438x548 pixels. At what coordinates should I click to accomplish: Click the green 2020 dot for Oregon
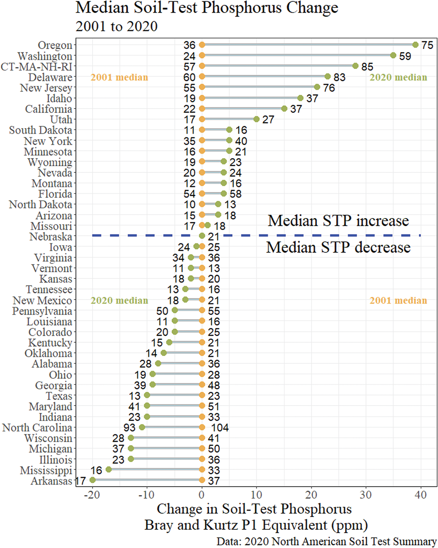(415, 45)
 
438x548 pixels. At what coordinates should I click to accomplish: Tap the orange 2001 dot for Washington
(202, 55)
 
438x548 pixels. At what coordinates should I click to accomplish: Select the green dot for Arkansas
(92, 480)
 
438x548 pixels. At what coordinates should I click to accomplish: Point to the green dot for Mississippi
(108, 470)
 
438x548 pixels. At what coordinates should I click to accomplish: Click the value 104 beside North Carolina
(220, 428)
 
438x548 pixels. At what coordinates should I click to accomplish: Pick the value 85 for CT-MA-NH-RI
(367, 67)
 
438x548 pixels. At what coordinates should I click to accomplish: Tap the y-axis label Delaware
(50, 77)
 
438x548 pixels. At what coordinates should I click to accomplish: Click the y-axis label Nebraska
(51, 237)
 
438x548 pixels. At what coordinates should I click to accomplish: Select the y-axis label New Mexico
(42, 300)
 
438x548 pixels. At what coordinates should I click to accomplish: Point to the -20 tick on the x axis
(92, 495)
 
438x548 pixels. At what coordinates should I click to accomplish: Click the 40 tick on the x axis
(421, 495)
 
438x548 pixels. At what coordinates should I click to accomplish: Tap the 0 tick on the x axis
(202, 495)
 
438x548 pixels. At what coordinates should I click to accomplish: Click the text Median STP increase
(338, 221)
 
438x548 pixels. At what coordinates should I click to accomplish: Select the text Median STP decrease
(338, 247)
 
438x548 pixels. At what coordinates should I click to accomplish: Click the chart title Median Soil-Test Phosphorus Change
(207, 8)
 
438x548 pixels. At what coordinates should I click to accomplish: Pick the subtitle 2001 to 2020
(116, 26)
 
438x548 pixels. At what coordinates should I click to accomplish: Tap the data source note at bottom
(326, 541)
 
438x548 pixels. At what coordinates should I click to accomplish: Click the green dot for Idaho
(300, 98)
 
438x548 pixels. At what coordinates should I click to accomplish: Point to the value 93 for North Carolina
(129, 428)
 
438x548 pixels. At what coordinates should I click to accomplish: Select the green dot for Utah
(256, 119)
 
